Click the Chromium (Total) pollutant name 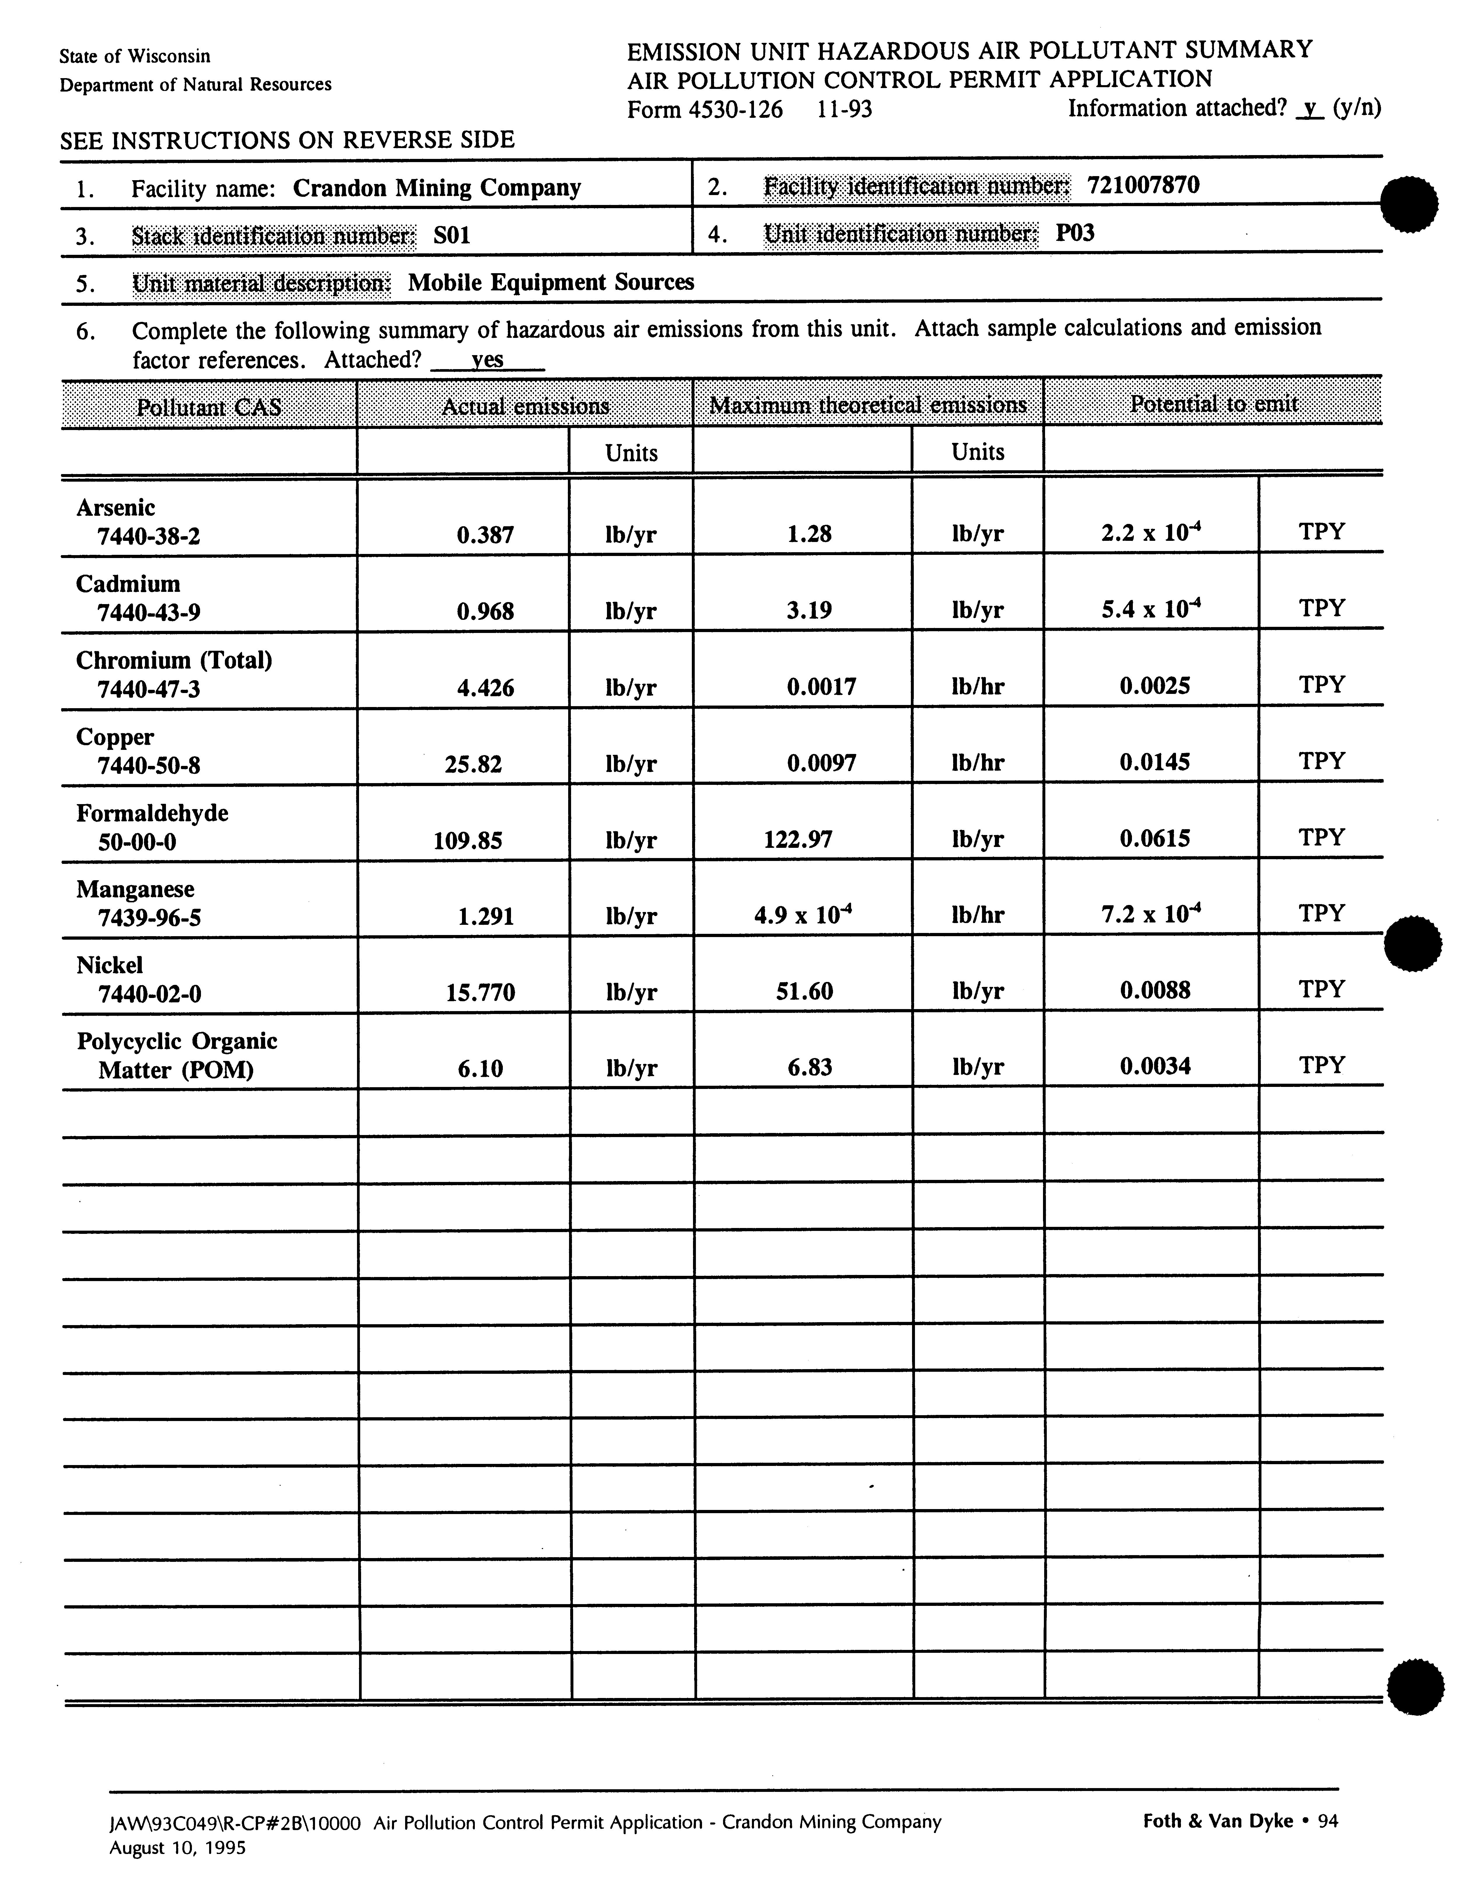pos(174,660)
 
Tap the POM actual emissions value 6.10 pos(480,1068)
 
